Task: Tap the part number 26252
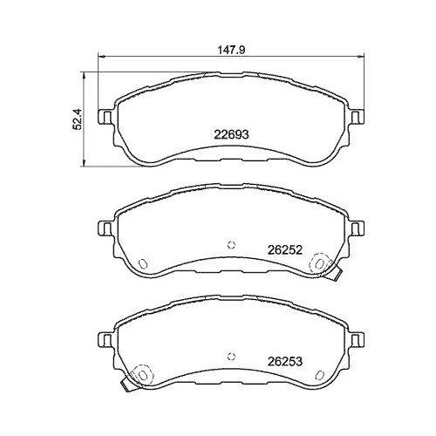point(284,248)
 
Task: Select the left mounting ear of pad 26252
point(103,229)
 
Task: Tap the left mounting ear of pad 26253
point(103,338)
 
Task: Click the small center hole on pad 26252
point(230,244)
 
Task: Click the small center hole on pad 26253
point(230,353)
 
